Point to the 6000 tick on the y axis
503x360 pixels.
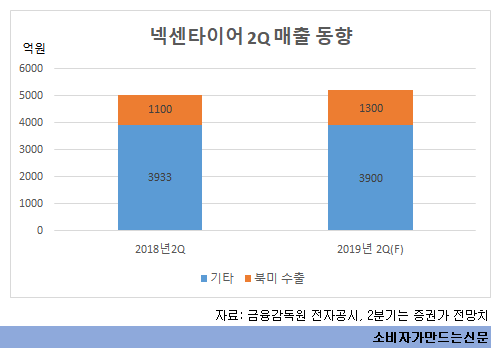tap(31, 68)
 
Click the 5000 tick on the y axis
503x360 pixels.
tap(31, 95)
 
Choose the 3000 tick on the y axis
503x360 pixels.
tap(31, 149)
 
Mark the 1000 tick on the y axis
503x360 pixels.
tap(31, 203)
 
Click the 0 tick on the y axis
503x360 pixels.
tap(40, 230)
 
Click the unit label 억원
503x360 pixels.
tap(34, 47)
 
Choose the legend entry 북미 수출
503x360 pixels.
tap(275, 276)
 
